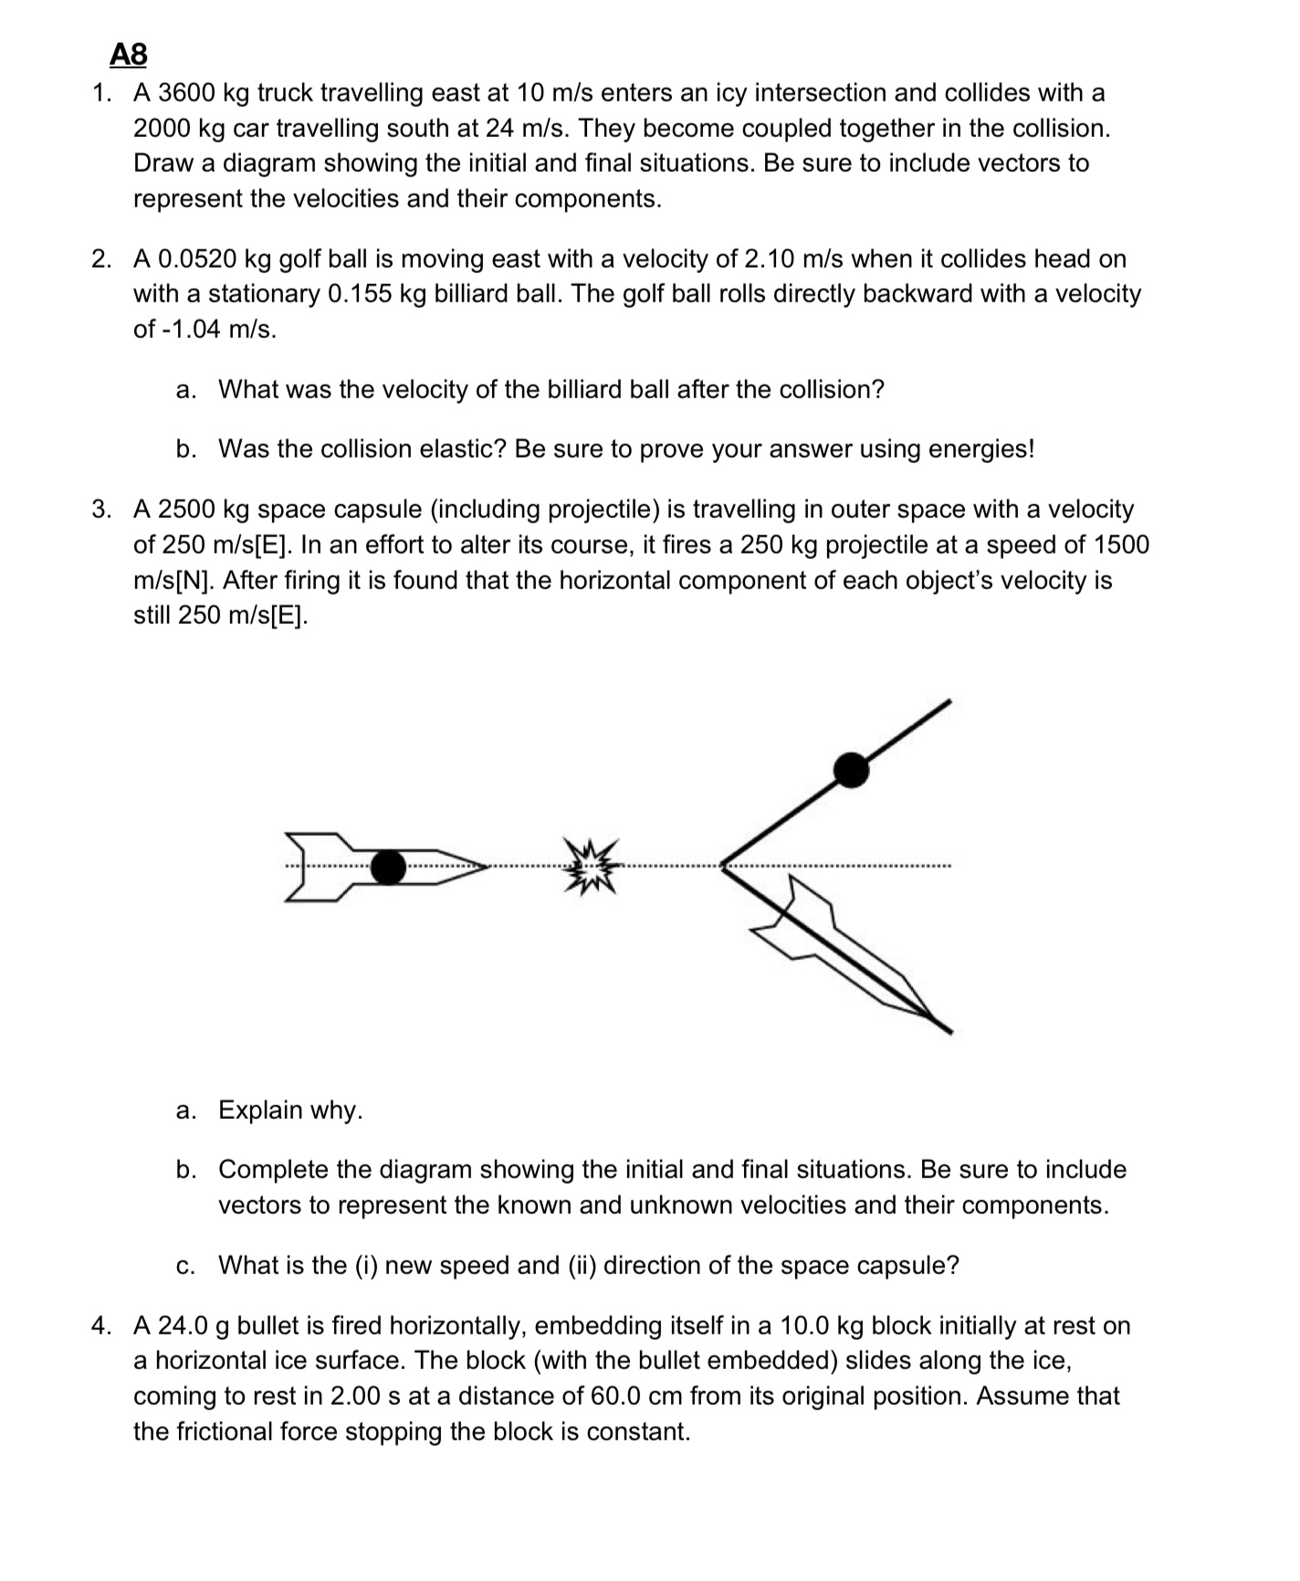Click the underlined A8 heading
tap(128, 55)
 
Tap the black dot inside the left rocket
tap(388, 867)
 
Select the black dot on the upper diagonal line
tap(851, 770)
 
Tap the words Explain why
tap(290, 1111)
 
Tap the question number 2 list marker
tap(101, 259)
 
